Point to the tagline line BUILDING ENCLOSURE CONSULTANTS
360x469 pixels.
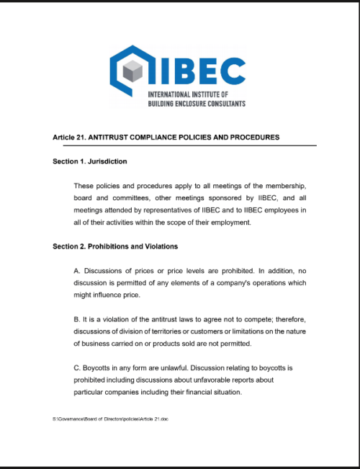(196, 104)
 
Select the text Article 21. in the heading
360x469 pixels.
(68, 137)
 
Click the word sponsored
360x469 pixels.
(204, 197)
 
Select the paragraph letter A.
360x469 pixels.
(76, 270)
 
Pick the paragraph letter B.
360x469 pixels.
(76, 319)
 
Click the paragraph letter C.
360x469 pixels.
(77, 368)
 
